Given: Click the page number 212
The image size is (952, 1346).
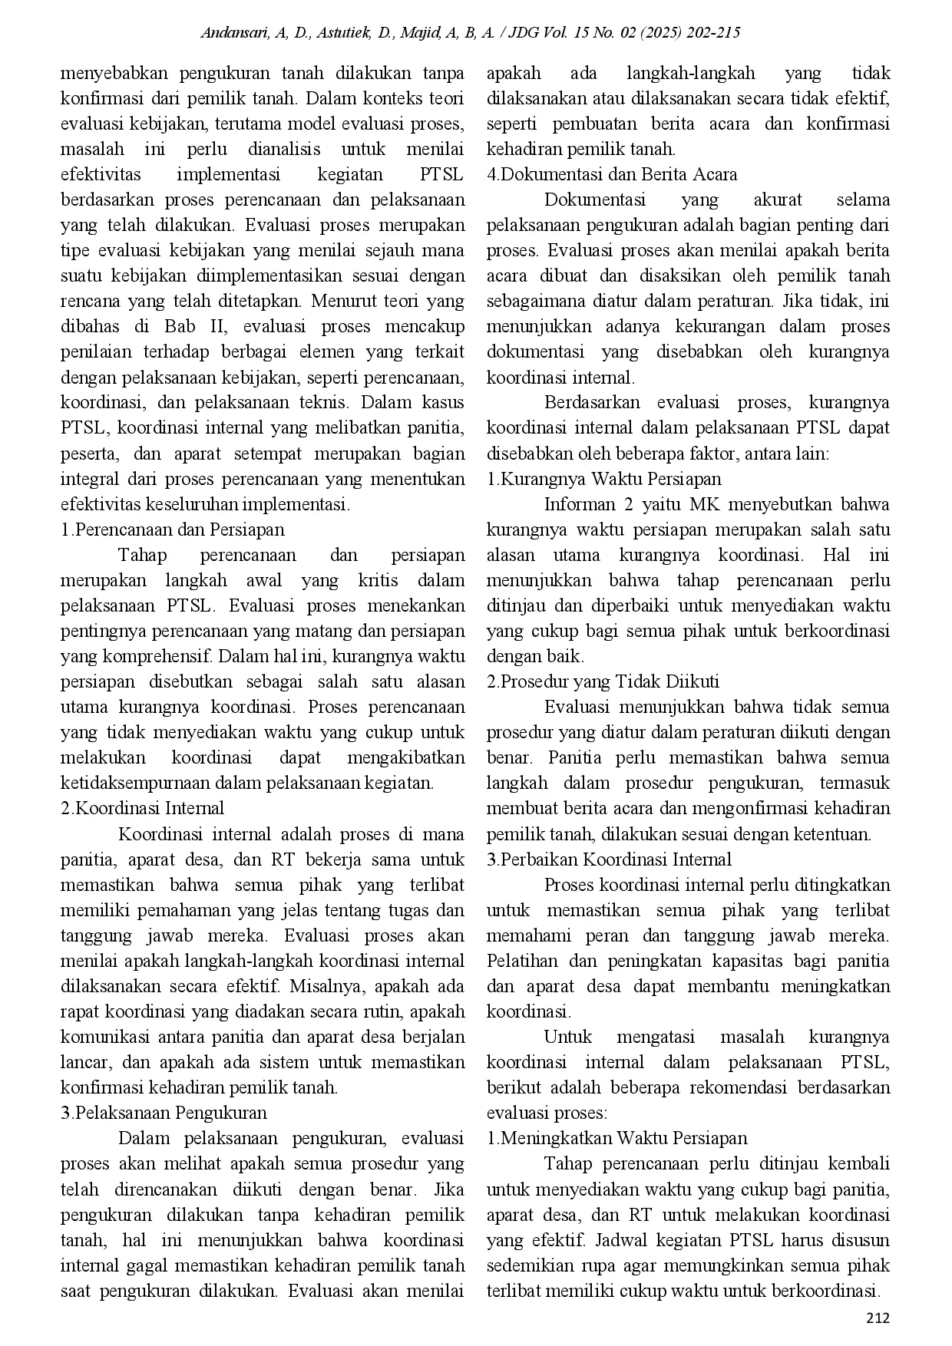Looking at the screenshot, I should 878,1318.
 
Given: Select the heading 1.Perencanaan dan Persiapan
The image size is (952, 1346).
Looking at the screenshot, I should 172,529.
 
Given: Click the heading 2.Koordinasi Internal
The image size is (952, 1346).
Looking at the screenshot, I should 142,808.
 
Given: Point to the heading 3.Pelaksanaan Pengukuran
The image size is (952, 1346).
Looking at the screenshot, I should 164,1113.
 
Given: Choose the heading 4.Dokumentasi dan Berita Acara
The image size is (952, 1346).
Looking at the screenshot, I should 612,174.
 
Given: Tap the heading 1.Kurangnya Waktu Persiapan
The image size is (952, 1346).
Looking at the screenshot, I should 604,479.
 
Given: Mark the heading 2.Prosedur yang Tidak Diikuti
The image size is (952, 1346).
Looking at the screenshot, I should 603,681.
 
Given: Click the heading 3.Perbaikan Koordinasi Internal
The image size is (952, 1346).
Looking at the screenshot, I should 609,859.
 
